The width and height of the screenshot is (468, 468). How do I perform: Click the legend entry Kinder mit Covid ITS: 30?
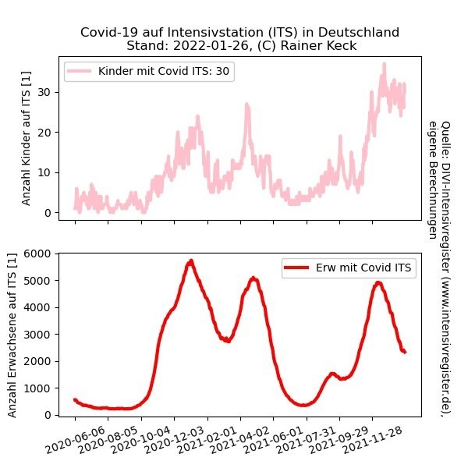166,71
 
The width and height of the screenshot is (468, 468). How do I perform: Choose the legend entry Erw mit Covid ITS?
365,268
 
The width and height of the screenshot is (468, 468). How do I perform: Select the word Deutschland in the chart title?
361,32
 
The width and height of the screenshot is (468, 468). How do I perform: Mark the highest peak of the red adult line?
190,261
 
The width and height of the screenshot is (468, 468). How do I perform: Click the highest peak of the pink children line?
384,65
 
